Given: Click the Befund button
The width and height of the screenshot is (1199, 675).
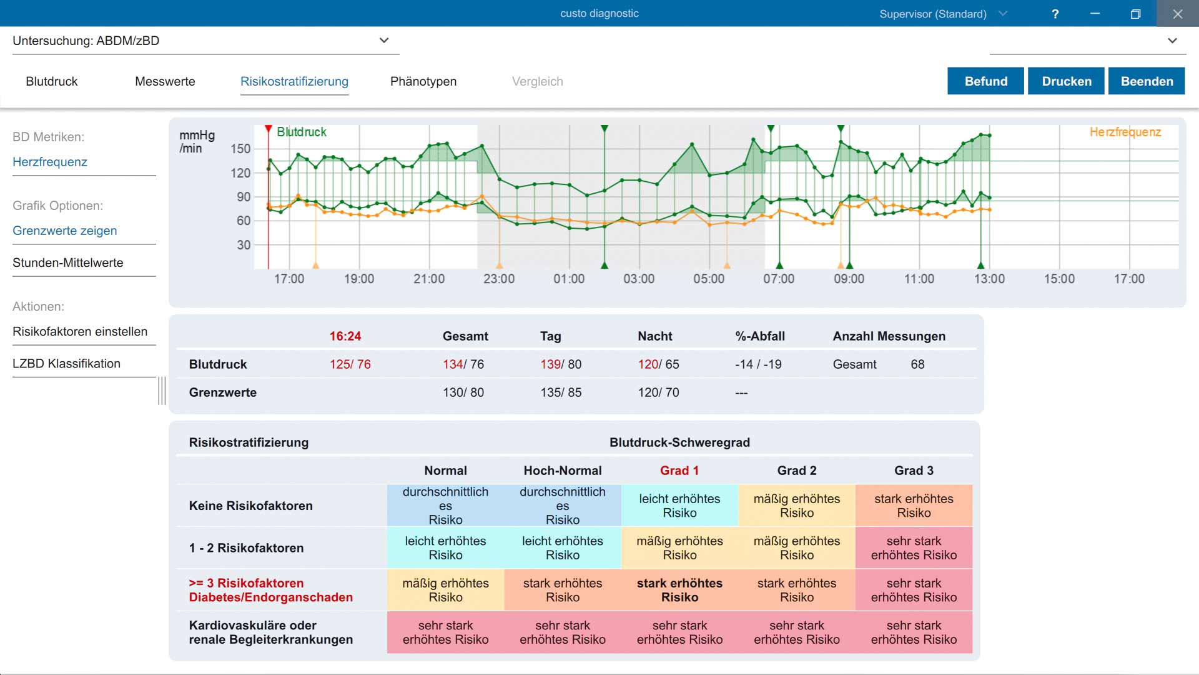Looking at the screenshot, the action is coord(985,81).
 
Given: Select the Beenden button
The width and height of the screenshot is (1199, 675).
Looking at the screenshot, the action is coord(1147,81).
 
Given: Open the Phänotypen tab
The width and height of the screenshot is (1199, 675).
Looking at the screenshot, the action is coord(423,81).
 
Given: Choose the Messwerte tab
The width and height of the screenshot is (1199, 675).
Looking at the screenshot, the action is coord(165,81).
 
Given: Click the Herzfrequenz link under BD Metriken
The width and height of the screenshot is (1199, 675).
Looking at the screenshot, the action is coord(50,162).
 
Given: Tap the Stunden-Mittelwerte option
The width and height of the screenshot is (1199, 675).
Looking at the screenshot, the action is coord(68,262).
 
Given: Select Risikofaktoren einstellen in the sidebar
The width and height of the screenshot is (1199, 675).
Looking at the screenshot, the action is coord(80,331).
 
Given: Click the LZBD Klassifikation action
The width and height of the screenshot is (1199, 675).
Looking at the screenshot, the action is coord(66,363).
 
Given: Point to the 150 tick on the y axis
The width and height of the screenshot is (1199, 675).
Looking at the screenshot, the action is coord(240,149).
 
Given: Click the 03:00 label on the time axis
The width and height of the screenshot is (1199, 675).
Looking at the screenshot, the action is coord(639,279).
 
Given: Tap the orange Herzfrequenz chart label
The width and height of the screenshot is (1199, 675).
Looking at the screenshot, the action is coord(1125,132).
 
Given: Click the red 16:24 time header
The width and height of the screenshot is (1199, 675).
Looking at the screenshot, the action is coord(345,336).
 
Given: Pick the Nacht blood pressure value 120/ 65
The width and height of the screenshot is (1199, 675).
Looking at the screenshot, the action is coord(658,364).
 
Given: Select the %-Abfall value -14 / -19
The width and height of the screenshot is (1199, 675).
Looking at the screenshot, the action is coord(758,364).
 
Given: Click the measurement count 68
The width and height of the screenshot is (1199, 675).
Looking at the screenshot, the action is coord(917,364).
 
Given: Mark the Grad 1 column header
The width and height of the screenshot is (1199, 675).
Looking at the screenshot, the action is coord(679,471).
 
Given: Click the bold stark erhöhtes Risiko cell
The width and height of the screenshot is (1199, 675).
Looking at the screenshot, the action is coord(679,590).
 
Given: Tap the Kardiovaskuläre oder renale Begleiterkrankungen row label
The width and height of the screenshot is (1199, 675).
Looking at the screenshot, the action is coord(271,632).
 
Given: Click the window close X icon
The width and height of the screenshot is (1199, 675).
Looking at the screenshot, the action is coord(1178,14).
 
